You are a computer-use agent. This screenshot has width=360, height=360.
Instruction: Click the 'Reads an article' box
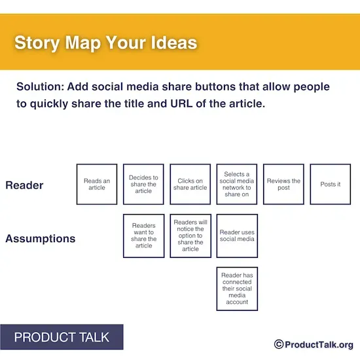click(97, 184)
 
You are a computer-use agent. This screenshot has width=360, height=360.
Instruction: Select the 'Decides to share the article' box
click(143, 184)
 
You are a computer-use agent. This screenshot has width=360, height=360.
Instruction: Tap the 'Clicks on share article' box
click(190, 184)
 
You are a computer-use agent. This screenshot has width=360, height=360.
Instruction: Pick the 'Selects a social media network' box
click(237, 184)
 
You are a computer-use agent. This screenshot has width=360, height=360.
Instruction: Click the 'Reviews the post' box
click(283, 184)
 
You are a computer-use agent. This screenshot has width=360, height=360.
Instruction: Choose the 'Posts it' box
click(330, 184)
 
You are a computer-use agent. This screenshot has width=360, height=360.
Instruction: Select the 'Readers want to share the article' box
click(143, 236)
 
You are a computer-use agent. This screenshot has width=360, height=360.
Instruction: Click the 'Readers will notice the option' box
click(190, 236)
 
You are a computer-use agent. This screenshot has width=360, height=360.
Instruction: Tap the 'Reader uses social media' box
click(237, 236)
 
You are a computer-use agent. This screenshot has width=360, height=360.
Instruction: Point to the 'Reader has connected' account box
click(237, 288)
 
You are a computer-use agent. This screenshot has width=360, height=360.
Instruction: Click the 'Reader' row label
click(24, 185)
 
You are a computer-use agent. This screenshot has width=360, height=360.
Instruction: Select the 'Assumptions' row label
click(40, 239)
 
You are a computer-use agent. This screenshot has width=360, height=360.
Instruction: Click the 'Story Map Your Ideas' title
click(105, 44)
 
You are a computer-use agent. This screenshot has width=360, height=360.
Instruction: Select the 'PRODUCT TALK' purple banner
click(62, 338)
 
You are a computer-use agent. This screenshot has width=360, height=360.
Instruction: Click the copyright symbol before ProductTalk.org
click(278, 344)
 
